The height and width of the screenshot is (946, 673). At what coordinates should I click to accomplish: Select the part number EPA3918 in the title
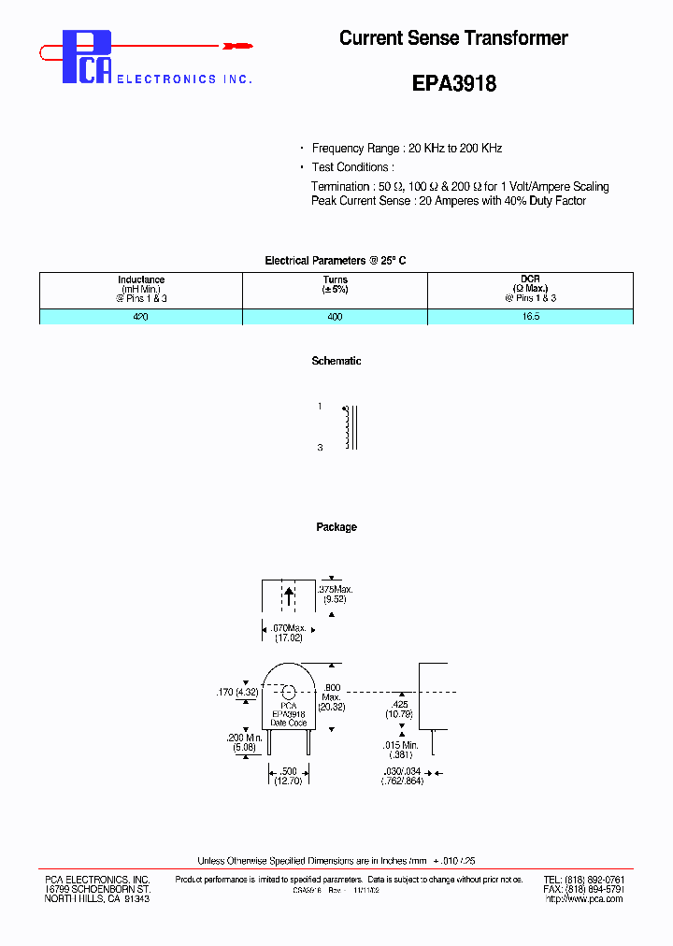pos(453,83)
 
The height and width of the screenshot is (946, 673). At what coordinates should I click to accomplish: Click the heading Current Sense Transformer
pos(453,38)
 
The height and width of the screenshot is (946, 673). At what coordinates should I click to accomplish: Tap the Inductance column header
pos(141,289)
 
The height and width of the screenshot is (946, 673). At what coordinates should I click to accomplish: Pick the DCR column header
pos(530,289)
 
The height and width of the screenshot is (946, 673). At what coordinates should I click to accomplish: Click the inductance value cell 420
pos(141,317)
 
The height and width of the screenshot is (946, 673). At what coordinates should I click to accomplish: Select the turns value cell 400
pos(335,317)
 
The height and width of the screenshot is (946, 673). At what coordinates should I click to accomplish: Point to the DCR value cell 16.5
pos(530,317)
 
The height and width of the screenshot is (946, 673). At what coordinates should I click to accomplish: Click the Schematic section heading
pos(336,361)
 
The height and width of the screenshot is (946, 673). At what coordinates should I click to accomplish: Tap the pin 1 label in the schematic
pos(320,407)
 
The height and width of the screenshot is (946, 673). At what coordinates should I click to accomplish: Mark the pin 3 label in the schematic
pos(320,448)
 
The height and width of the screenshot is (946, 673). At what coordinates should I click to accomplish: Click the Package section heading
pos(336,527)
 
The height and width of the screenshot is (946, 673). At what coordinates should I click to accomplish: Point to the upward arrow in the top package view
pos(289,595)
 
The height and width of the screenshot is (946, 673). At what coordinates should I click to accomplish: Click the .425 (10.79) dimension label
pos(399,709)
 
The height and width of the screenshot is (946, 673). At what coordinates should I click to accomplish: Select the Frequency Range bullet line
pos(407,149)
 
